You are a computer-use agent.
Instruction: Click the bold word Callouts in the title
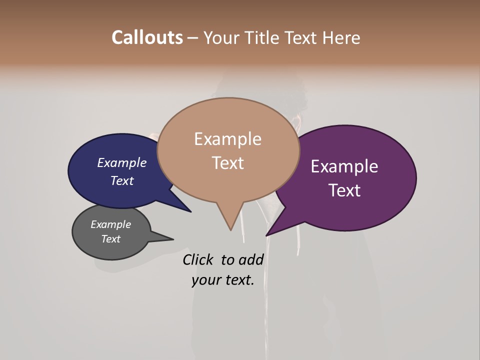(x=147, y=37)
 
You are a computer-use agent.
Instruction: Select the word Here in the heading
(x=341, y=37)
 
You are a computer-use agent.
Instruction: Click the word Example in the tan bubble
(x=227, y=139)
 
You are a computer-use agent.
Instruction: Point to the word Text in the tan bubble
(x=227, y=163)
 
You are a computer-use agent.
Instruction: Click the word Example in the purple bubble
(x=344, y=166)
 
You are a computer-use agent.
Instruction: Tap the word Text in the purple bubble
(x=344, y=190)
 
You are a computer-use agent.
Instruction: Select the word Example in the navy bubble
(x=121, y=163)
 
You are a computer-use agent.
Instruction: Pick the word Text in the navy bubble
(x=121, y=180)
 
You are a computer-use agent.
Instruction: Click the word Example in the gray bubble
(x=110, y=224)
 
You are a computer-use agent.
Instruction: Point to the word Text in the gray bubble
(x=110, y=239)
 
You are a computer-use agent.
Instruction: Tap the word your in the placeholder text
(x=205, y=280)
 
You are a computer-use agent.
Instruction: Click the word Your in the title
(x=222, y=37)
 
